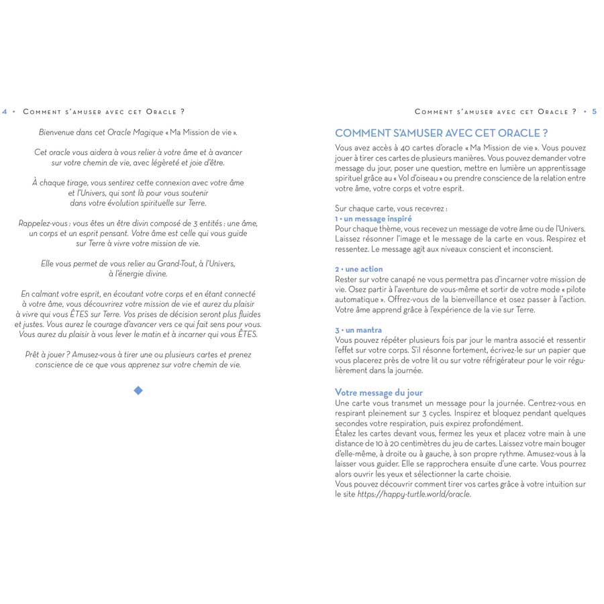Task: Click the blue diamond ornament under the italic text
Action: (138, 391)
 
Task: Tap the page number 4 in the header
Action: (5, 111)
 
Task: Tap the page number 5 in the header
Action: (595, 111)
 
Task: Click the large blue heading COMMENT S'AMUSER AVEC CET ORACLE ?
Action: (442, 133)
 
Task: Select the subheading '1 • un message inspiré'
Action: (373, 219)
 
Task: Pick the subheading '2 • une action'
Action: (359, 269)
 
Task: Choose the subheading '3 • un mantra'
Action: (358, 330)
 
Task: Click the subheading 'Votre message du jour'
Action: (379, 392)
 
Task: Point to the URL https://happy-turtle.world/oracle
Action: (414, 494)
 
